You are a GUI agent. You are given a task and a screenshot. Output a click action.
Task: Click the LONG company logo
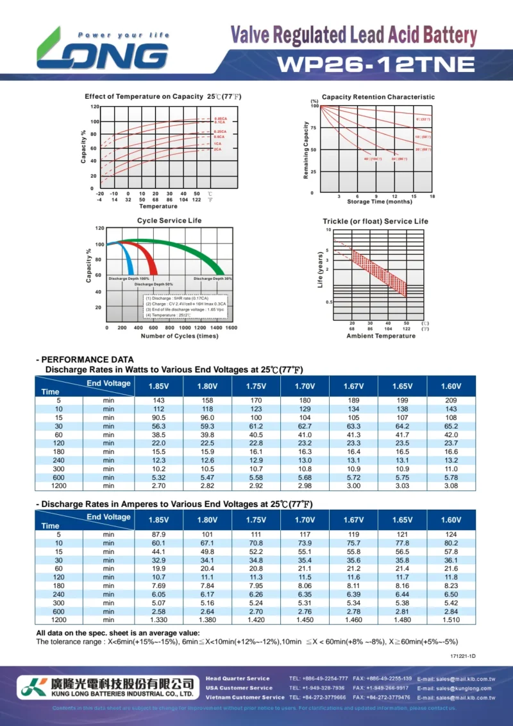click(x=103, y=49)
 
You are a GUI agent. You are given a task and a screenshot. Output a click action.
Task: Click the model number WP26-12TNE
click(x=376, y=64)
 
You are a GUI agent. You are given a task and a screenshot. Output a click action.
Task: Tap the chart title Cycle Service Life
click(x=169, y=221)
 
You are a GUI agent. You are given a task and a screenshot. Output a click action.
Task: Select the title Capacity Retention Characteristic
click(x=378, y=97)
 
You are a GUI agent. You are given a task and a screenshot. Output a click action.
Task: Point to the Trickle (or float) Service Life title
click(x=375, y=221)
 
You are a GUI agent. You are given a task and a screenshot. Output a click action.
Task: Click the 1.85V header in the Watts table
click(x=158, y=386)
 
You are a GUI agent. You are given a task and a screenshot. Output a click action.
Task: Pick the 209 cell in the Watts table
click(x=451, y=400)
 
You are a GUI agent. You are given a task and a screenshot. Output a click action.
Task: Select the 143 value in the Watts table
click(x=158, y=400)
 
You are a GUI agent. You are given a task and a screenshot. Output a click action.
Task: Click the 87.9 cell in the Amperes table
click(x=158, y=534)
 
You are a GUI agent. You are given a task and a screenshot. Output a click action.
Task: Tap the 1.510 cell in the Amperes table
click(x=451, y=620)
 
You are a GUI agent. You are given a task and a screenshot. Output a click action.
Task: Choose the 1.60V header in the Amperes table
click(x=451, y=520)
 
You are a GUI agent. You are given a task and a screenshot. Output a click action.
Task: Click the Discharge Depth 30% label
click(x=212, y=279)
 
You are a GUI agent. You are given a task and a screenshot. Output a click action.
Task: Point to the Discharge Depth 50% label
click(x=154, y=284)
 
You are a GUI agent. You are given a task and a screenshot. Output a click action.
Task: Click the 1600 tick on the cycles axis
click(x=231, y=328)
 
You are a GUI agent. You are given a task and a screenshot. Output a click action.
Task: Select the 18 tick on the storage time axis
click(x=432, y=196)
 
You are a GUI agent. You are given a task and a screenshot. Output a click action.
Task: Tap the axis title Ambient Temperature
click(x=381, y=336)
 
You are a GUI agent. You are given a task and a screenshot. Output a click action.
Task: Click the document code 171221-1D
click(x=463, y=656)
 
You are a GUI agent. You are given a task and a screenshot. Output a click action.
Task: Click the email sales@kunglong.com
click(x=456, y=688)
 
